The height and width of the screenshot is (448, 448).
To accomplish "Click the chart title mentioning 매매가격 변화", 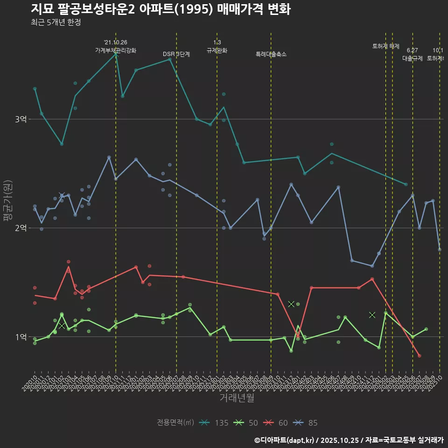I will point(161,9).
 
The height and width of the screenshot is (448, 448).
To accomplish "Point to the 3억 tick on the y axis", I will point(21,119).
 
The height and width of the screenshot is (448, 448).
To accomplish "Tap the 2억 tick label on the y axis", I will point(21,228).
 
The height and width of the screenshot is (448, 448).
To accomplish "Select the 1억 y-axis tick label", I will point(21,336).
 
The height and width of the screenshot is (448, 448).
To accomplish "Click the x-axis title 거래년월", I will point(237,398).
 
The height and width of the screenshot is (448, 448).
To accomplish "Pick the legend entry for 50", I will point(247,423).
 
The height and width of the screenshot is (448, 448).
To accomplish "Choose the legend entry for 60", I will point(277,423).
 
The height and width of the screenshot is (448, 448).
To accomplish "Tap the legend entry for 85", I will point(307,423).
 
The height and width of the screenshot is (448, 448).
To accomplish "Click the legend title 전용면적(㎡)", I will point(175,423).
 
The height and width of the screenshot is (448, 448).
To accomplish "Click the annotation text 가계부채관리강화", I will point(116,50).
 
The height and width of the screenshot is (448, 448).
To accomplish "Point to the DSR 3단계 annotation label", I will point(176,54).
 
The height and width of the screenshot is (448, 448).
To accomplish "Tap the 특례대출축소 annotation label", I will point(271,54).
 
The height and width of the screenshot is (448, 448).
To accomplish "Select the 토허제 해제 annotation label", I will point(386,46).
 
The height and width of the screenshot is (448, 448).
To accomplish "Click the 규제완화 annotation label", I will point(217,50).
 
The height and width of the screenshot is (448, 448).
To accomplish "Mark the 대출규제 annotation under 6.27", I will point(413,58).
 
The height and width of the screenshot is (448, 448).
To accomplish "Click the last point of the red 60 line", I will point(420,356).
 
